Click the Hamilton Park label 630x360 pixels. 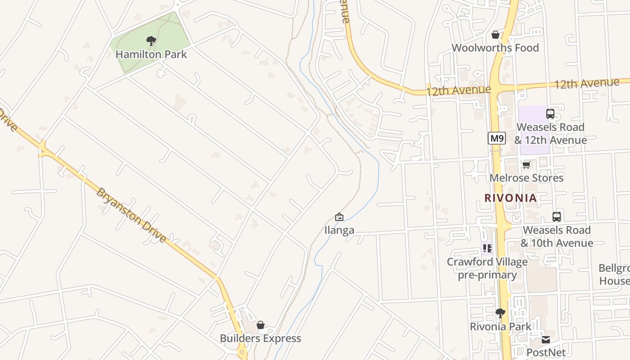(151, 54)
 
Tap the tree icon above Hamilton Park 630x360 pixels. (151, 41)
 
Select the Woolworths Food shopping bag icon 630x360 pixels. (495, 35)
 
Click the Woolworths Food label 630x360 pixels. (495, 48)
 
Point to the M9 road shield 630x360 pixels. (496, 138)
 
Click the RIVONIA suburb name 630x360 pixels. (511, 198)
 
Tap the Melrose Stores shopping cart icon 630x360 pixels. (526, 165)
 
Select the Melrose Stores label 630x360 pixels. (526, 178)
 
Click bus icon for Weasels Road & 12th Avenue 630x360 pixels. (550, 114)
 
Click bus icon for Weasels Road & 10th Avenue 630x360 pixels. (557, 217)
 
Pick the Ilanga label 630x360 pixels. (339, 230)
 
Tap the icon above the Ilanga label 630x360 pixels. (339, 217)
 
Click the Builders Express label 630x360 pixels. (260, 338)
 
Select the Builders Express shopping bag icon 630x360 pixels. (260, 325)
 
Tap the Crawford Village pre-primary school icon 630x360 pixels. (487, 248)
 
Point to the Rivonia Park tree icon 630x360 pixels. (500, 313)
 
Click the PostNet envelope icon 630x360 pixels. (546, 340)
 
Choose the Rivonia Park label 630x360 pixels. (500, 326)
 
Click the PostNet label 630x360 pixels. (546, 352)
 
